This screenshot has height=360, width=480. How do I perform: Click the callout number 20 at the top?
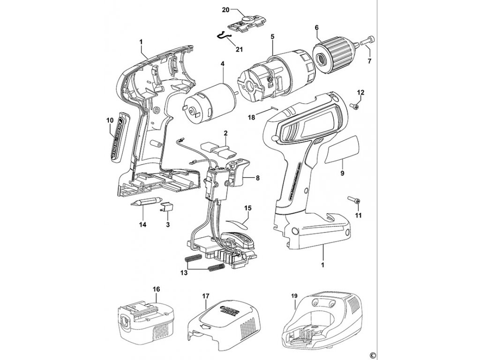(238, 10)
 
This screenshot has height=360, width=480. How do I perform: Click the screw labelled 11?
(356, 201)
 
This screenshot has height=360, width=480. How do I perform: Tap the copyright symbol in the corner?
(373, 354)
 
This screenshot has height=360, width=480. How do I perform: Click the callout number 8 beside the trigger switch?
(257, 178)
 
